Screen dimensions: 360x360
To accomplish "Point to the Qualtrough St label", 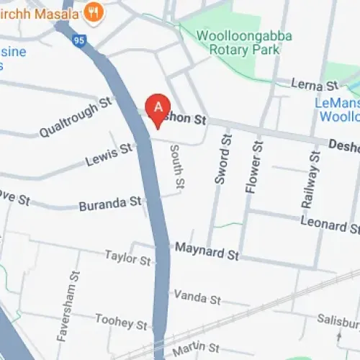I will click(x=77, y=117).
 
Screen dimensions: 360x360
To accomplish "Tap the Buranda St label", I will click(x=109, y=203).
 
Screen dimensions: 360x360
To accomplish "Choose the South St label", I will click(x=176, y=168).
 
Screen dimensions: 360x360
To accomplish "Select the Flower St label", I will click(x=251, y=166).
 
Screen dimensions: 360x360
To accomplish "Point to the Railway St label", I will click(x=309, y=180).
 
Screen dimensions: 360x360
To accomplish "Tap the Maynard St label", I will click(x=207, y=253).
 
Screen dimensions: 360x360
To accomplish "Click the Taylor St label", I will click(x=127, y=257).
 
